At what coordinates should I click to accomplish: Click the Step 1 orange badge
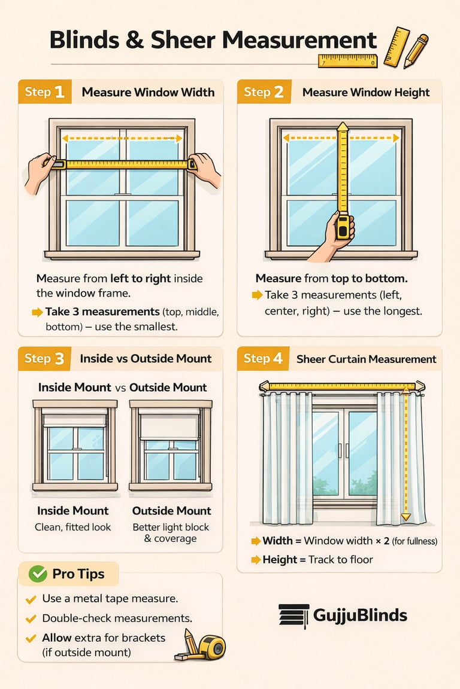click(x=44, y=92)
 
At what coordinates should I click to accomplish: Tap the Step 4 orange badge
click(x=263, y=359)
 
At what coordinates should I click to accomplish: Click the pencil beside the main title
click(x=415, y=51)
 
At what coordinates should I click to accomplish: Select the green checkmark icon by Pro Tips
click(x=38, y=574)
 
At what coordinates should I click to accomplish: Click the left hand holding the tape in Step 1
click(x=39, y=172)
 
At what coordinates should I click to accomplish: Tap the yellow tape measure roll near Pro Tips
click(x=212, y=648)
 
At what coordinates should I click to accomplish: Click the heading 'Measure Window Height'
click(x=366, y=92)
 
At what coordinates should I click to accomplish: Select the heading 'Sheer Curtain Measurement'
click(x=366, y=359)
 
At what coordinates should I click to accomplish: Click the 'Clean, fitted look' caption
click(x=72, y=527)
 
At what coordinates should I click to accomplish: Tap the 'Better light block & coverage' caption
click(x=171, y=532)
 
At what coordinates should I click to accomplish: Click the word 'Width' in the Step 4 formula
click(x=277, y=541)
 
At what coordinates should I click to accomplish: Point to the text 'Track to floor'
click(x=340, y=559)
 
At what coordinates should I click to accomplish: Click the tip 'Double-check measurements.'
click(x=117, y=618)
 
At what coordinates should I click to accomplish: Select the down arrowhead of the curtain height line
click(x=406, y=517)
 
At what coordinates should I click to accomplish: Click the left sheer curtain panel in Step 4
click(x=287, y=458)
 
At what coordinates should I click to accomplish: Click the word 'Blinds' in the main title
click(x=84, y=40)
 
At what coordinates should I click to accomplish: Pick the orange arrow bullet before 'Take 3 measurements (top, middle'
click(x=37, y=312)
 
